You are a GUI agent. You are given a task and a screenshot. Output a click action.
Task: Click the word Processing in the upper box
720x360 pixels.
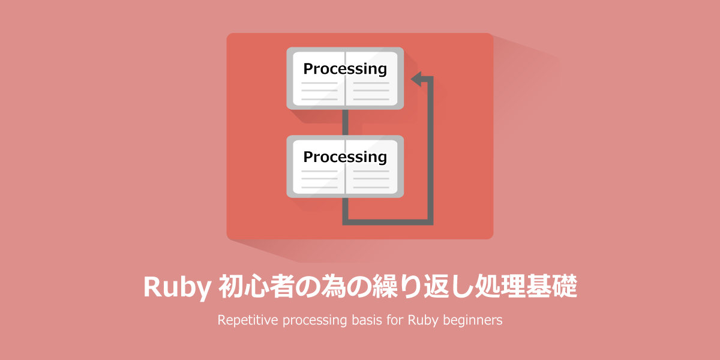tap(345, 69)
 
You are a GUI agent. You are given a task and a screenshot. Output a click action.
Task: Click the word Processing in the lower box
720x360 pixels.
tap(345, 157)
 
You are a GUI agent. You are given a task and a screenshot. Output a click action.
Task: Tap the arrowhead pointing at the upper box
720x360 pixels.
tap(416, 79)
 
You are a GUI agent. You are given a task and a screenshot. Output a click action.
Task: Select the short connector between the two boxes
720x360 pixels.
tap(345, 122)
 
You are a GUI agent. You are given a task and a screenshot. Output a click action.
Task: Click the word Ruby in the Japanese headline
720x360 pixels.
tap(177, 287)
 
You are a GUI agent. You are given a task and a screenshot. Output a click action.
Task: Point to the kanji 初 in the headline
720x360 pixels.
tap(231, 286)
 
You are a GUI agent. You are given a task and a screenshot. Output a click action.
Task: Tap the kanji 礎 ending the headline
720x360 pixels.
tap(565, 286)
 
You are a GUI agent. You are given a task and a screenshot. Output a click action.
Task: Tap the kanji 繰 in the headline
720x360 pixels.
tap(385, 286)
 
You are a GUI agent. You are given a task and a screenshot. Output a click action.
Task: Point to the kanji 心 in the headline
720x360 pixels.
tap(257, 286)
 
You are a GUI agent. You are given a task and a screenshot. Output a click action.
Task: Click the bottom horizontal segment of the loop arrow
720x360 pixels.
tap(388, 222)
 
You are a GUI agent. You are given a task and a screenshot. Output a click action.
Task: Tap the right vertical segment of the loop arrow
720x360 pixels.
tap(430, 151)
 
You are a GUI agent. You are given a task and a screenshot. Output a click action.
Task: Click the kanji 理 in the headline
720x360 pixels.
tap(513, 286)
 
